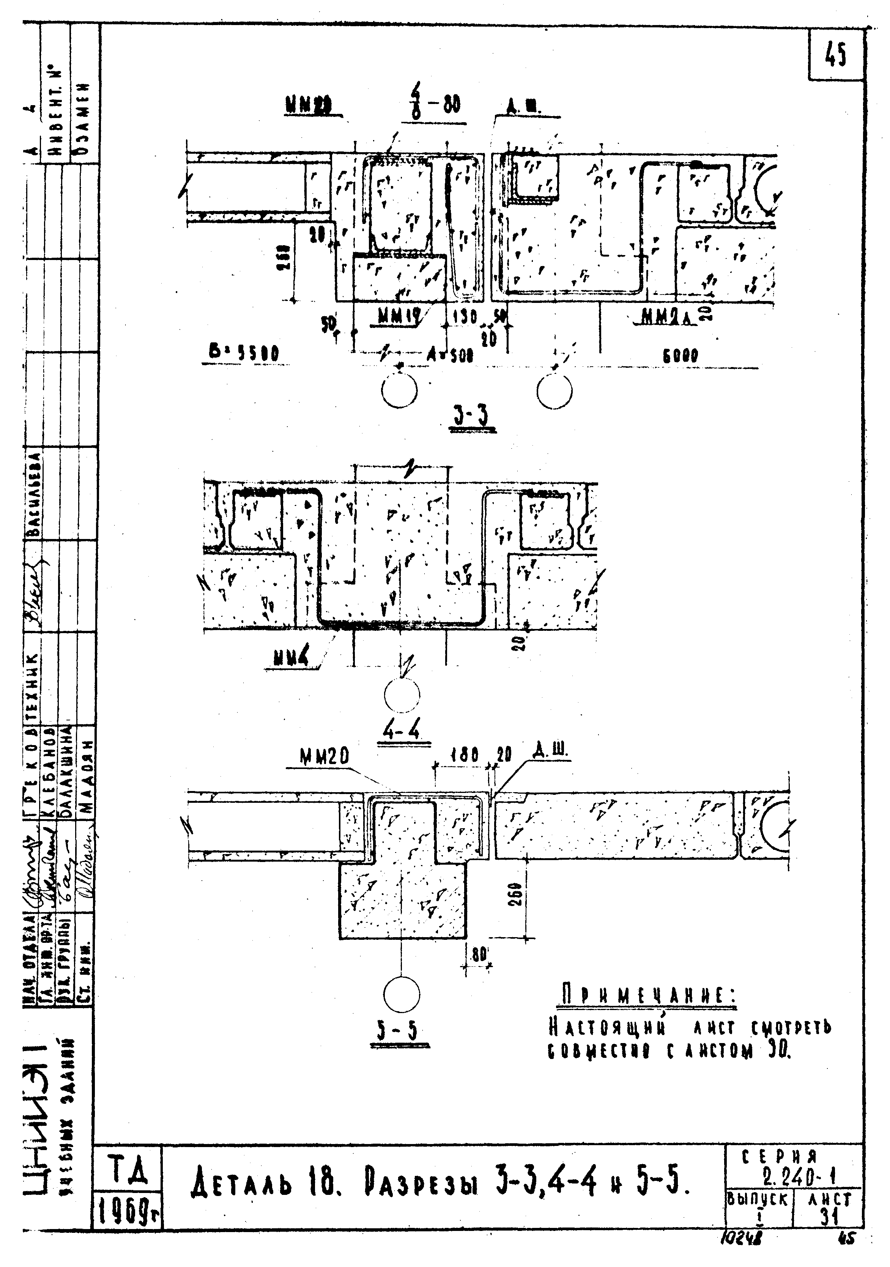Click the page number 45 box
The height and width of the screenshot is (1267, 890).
point(835,55)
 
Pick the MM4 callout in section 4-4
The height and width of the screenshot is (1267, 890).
point(290,658)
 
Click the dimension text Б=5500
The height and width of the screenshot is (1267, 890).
point(243,353)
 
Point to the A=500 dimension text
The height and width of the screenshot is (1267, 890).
point(450,356)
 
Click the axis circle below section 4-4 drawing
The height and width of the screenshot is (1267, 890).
point(402,695)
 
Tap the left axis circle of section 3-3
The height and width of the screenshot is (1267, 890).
point(399,392)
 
